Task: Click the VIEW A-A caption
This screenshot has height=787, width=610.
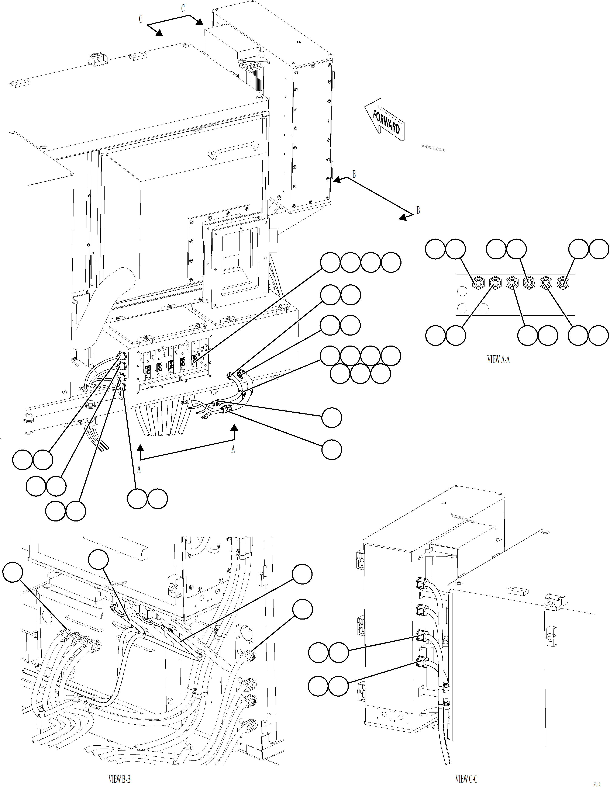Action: (x=498, y=359)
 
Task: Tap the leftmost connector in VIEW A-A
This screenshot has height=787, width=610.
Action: (x=478, y=283)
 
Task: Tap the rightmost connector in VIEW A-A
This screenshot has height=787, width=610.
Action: (x=562, y=283)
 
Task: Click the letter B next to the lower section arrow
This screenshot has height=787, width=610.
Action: (x=418, y=210)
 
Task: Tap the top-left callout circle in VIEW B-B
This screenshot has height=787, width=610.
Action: (x=13, y=572)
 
